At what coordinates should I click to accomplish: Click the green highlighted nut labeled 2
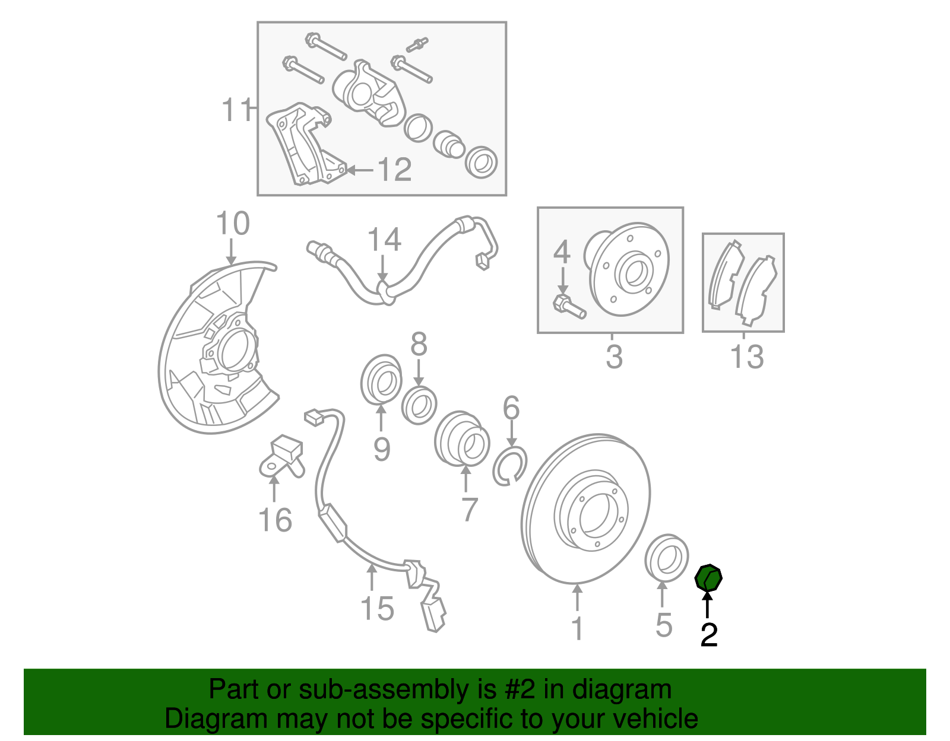(x=708, y=578)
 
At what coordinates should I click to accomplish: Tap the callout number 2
(x=708, y=635)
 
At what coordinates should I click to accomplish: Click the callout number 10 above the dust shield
(x=232, y=224)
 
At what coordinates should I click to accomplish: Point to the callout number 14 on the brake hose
(x=384, y=240)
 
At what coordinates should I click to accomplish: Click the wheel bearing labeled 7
(x=463, y=439)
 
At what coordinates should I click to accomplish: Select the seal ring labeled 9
(x=381, y=380)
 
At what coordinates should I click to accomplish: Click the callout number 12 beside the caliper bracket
(x=394, y=170)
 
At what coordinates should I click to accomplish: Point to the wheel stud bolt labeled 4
(x=569, y=305)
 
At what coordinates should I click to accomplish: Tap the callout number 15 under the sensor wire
(x=377, y=609)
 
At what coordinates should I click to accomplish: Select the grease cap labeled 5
(x=666, y=557)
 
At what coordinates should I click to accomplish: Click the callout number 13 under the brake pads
(x=746, y=357)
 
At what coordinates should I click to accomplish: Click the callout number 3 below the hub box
(x=614, y=357)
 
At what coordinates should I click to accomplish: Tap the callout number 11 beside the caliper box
(x=236, y=110)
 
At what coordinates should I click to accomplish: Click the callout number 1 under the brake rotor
(x=577, y=628)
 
